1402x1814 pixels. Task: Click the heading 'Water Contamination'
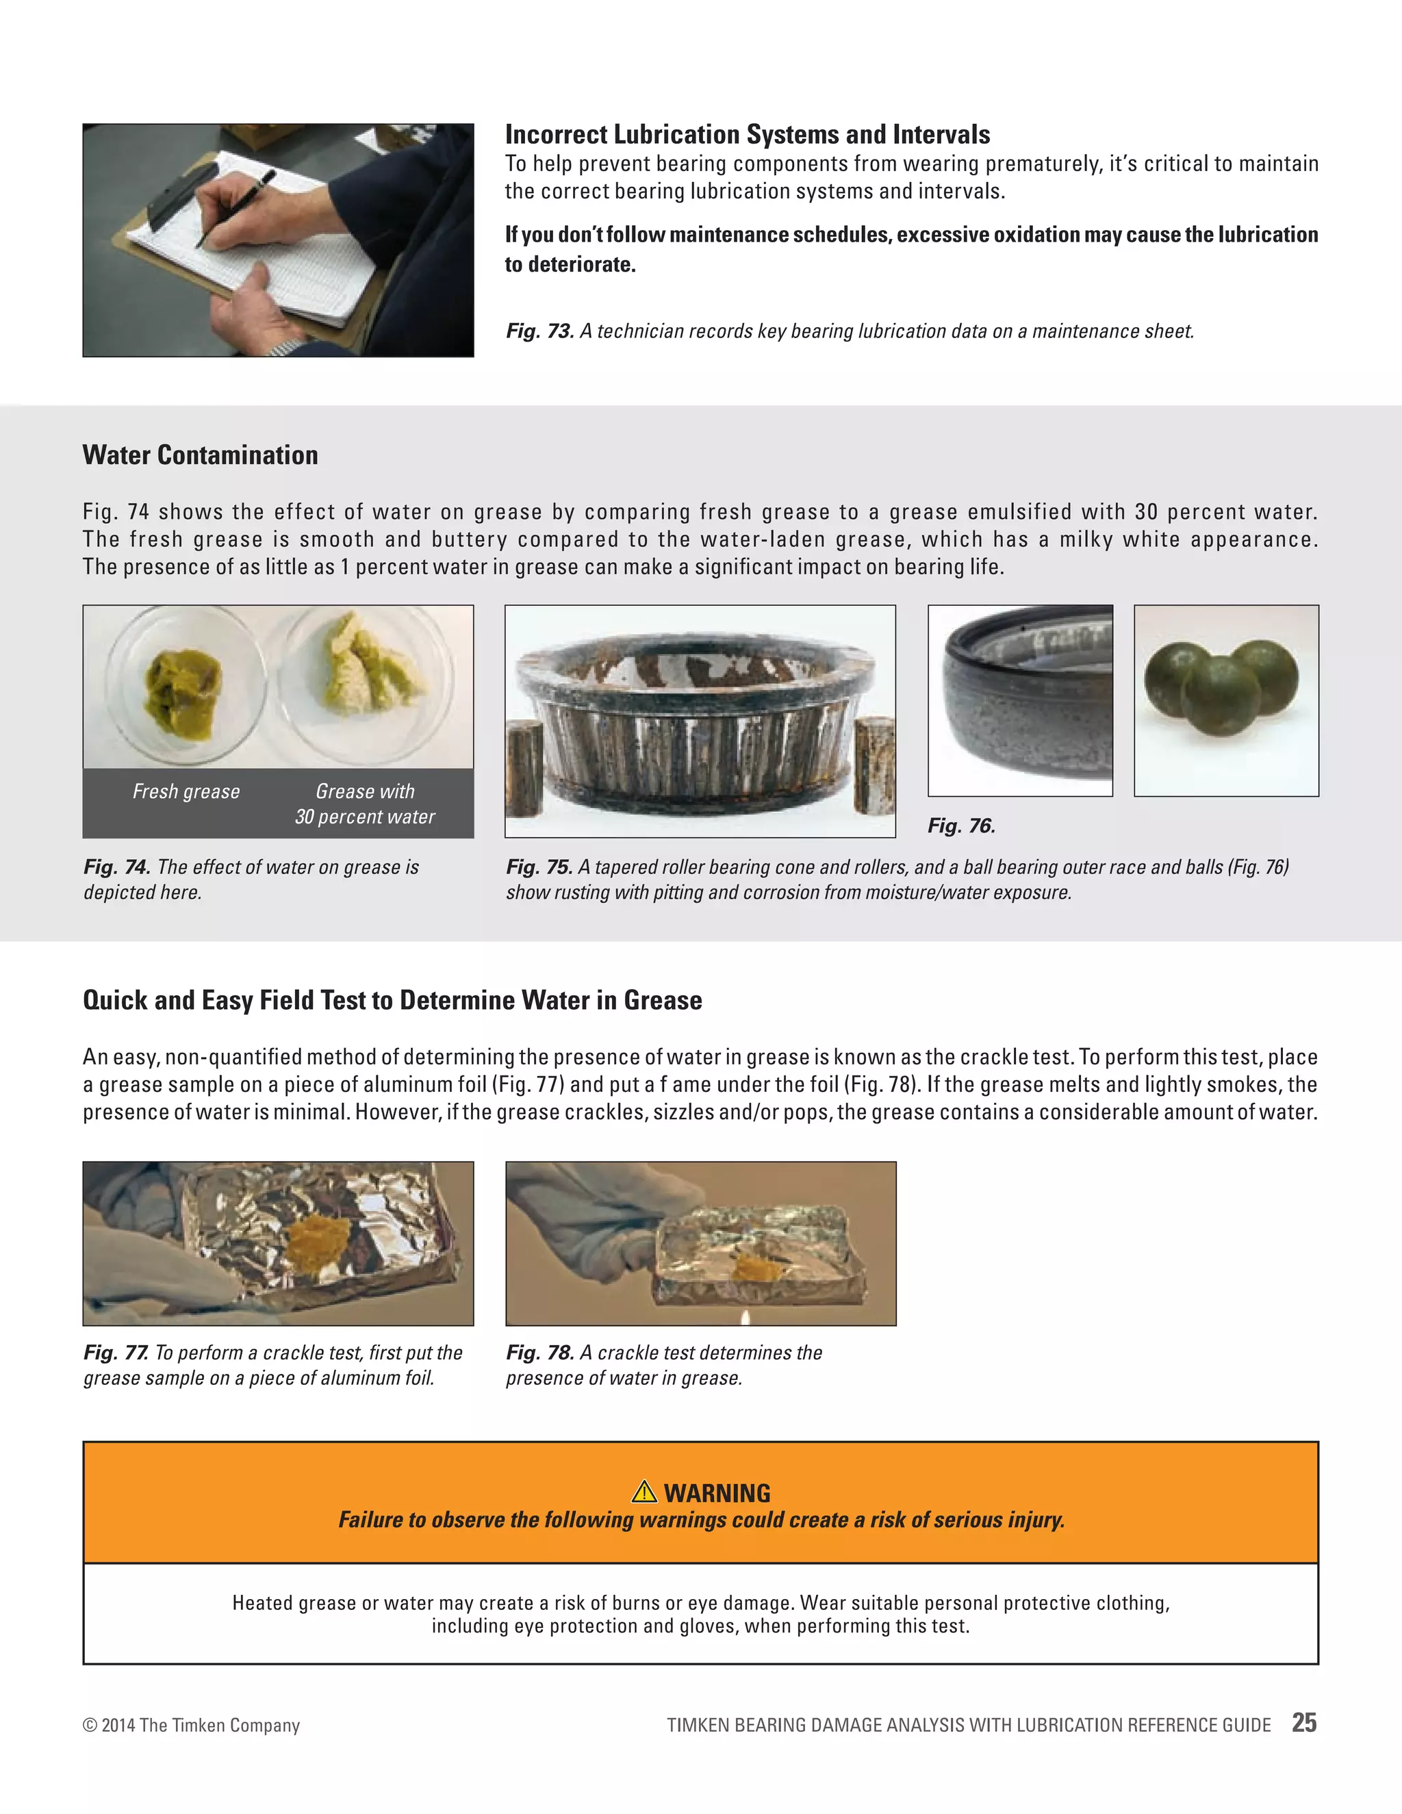200,455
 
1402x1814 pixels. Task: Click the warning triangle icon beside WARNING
643,1492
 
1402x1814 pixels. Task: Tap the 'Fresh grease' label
186,791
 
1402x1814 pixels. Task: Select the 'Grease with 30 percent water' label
365,804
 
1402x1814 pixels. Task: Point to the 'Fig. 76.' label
961,826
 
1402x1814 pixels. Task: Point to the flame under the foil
744,1316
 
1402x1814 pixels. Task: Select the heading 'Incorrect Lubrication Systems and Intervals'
747,135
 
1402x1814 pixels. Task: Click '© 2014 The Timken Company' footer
191,1725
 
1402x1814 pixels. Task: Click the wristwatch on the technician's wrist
284,346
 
